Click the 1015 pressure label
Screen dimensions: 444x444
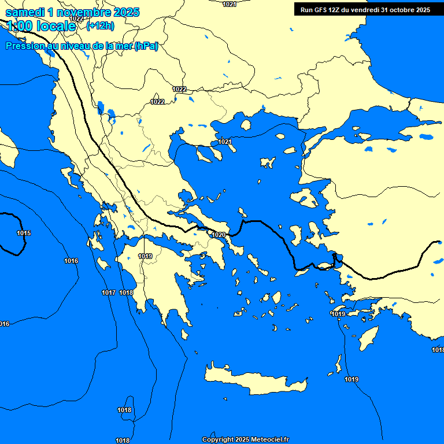pyautogui.click(x=24, y=233)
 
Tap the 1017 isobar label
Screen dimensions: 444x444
pyautogui.click(x=109, y=293)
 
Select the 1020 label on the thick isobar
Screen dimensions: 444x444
pyautogui.click(x=219, y=235)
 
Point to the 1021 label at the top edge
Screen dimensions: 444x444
pyautogui.click(x=230, y=4)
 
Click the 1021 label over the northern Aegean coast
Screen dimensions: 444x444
pyautogui.click(x=225, y=142)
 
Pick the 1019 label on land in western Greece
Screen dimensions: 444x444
pyautogui.click(x=145, y=256)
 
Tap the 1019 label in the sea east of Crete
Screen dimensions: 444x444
pyautogui.click(x=351, y=379)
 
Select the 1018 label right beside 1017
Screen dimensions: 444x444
pyautogui.click(x=126, y=293)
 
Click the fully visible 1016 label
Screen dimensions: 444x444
pyautogui.click(x=71, y=261)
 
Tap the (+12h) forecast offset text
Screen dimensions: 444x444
pyautogui.click(x=100, y=25)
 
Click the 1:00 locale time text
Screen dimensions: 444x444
pyautogui.click(x=41, y=26)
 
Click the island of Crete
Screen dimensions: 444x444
pyautogui.click(x=254, y=382)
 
